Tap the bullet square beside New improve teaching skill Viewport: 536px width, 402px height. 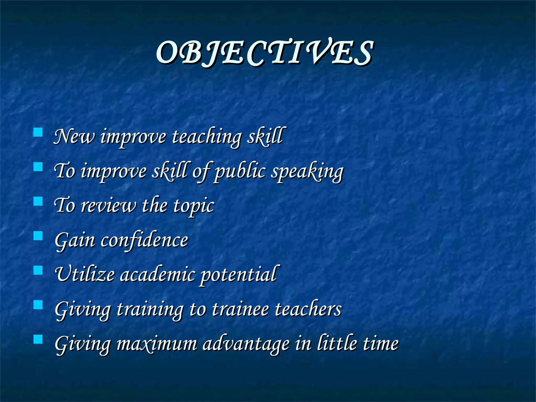(38, 132)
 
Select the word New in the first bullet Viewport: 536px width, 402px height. (74, 137)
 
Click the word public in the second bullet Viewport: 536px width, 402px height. (240, 172)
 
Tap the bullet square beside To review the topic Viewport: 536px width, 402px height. (38, 201)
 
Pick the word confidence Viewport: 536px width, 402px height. (144, 240)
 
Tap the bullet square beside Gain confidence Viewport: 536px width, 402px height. (38, 236)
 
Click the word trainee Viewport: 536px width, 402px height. (240, 309)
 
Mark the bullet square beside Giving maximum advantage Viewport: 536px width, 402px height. (38, 339)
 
